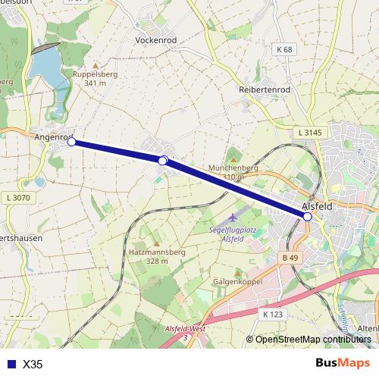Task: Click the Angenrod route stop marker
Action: tap(71, 142)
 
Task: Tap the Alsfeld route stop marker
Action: tap(308, 217)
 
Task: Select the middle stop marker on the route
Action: tap(162, 161)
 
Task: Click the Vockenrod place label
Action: tap(155, 39)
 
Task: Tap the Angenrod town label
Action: tap(52, 138)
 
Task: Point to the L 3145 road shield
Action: tap(310, 133)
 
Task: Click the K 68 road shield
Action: tap(284, 49)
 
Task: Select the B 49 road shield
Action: tap(290, 258)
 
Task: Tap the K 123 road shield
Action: tap(271, 313)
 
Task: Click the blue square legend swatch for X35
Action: tap(9, 365)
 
